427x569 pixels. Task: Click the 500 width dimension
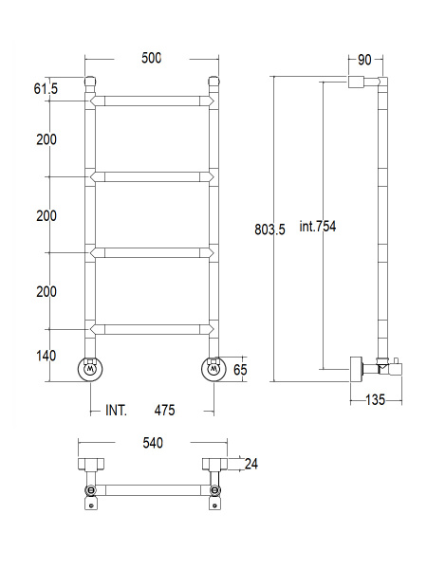point(152,58)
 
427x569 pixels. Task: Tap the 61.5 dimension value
point(46,89)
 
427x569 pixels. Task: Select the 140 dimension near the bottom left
point(46,356)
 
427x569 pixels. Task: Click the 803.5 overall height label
point(269,229)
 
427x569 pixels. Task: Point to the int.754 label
point(318,227)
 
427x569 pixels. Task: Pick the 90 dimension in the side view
point(364,61)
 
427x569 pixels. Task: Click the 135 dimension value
point(375,400)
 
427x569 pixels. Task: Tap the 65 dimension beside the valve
point(240,370)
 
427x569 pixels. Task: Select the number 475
point(164,411)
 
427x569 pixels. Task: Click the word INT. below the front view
point(116,411)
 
